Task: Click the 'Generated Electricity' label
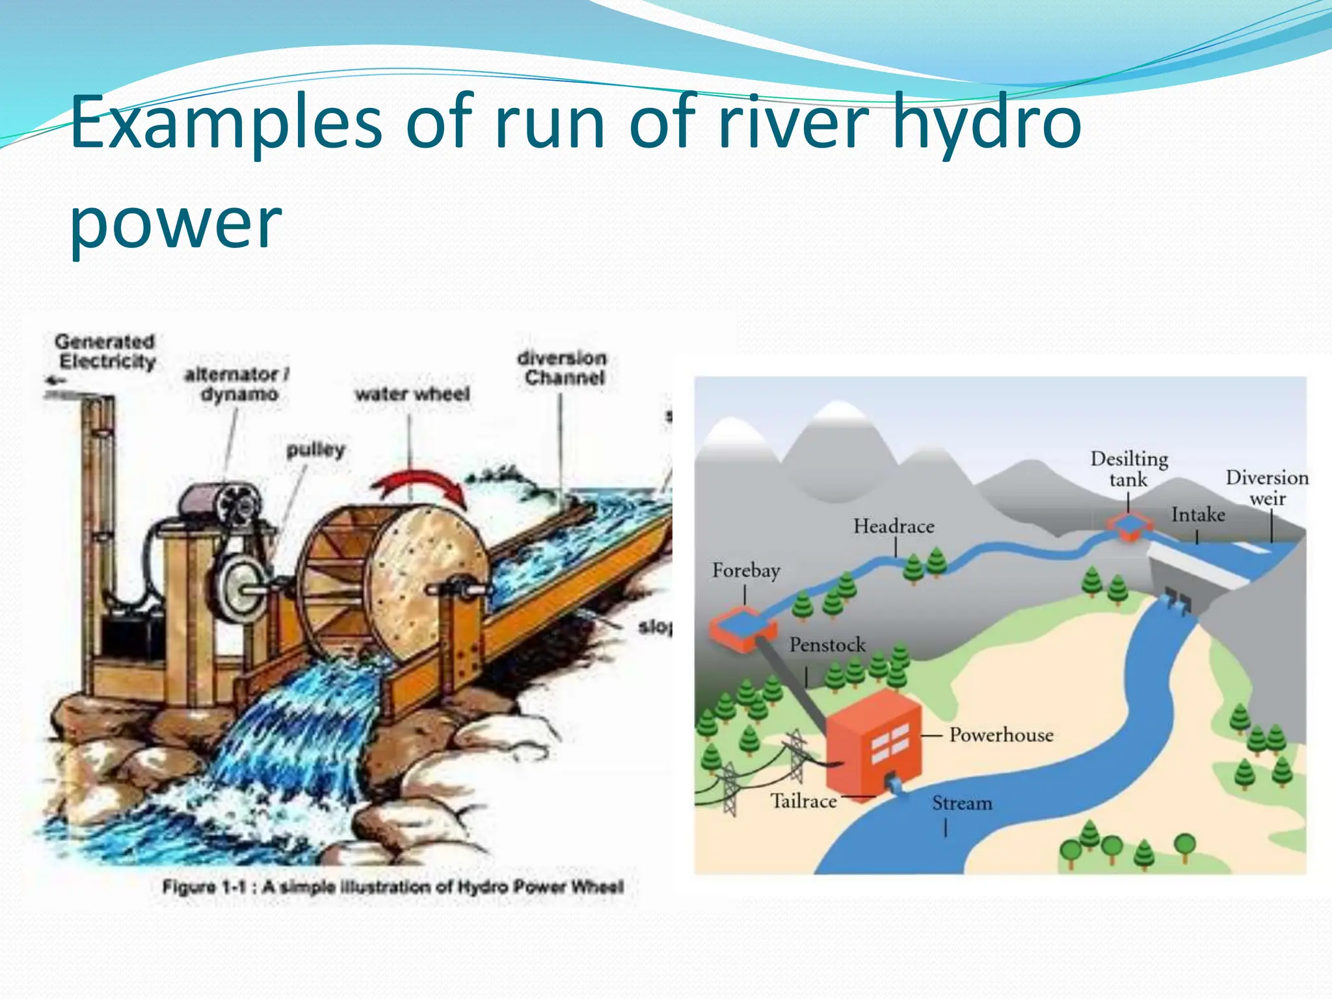click(105, 351)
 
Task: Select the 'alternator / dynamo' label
click(237, 384)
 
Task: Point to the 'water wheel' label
click(412, 394)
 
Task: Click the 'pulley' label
click(315, 450)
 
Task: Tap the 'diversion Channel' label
click(563, 367)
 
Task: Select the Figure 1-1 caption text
click(393, 886)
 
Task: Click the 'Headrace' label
click(894, 526)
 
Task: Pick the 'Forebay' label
click(746, 571)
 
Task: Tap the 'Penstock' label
click(827, 645)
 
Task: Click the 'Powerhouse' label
click(1001, 735)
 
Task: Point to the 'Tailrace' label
click(804, 801)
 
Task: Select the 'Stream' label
click(962, 804)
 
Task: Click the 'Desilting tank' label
click(1129, 469)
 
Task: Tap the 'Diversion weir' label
click(1267, 488)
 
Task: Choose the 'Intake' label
click(1198, 515)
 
